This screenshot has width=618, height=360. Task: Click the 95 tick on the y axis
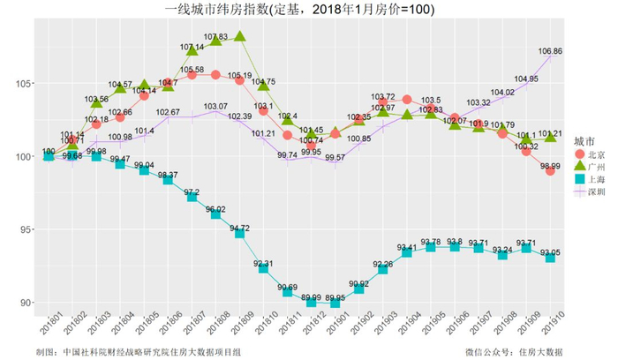coord(27,229)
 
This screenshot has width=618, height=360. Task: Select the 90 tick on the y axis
coord(27,303)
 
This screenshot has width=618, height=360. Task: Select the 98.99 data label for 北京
coord(549,165)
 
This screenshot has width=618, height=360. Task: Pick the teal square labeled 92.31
coord(264,268)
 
